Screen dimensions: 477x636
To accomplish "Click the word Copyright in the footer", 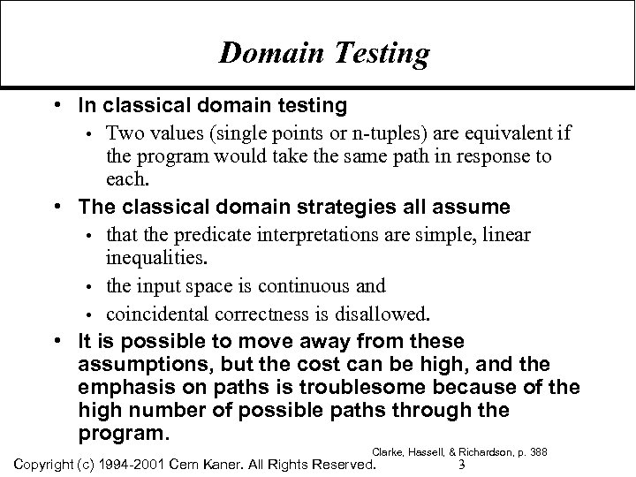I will pos(41,464).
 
